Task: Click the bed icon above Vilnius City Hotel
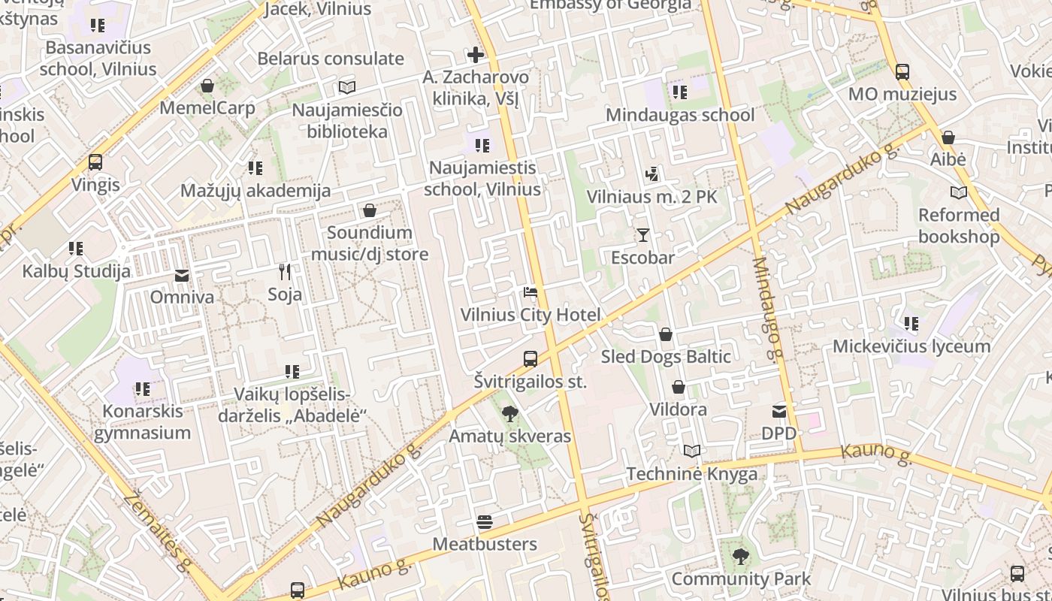tap(531, 292)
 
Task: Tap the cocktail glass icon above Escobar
tap(642, 235)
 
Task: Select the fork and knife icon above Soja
tap(285, 271)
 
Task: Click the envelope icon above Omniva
tap(182, 275)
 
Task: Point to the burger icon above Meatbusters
tap(485, 522)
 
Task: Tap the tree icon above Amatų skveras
tap(510, 413)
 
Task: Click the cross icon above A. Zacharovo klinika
tap(476, 55)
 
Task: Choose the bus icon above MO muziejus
tap(902, 72)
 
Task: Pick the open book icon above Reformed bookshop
tap(959, 193)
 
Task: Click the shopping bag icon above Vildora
tap(679, 388)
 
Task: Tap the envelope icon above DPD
tap(779, 412)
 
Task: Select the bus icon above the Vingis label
tap(95, 162)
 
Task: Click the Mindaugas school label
tap(680, 115)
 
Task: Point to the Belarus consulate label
tap(331, 59)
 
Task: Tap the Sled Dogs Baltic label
tap(666, 357)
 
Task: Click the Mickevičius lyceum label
tap(911, 346)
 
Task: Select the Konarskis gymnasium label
tap(142, 422)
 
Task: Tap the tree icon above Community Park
tap(741, 557)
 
